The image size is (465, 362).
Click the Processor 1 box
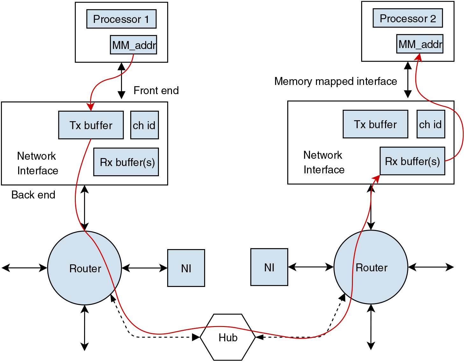tap(121, 19)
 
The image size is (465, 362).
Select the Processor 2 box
tap(408, 18)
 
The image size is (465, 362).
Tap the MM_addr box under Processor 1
tap(133, 45)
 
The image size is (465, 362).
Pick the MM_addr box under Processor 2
tap(420, 44)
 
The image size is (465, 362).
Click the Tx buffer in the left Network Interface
tap(91, 125)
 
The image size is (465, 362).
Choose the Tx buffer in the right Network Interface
tap(375, 124)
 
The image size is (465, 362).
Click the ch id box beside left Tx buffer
tap(144, 125)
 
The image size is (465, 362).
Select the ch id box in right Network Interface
tap(431, 124)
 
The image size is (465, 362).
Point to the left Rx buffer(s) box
tap(126, 162)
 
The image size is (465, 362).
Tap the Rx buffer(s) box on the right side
tap(412, 161)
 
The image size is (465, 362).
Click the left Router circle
tap(84, 268)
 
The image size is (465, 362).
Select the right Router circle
tap(371, 267)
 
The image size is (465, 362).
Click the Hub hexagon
tap(228, 337)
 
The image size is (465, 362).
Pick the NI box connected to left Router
tap(186, 268)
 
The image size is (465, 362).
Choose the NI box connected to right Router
tap(269, 267)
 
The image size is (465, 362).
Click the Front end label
tap(156, 90)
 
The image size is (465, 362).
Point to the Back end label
tap(33, 195)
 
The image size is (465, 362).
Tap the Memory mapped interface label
tap(336, 81)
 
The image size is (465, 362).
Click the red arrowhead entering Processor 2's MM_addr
tap(418, 57)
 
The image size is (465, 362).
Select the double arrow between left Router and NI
tap(145, 268)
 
